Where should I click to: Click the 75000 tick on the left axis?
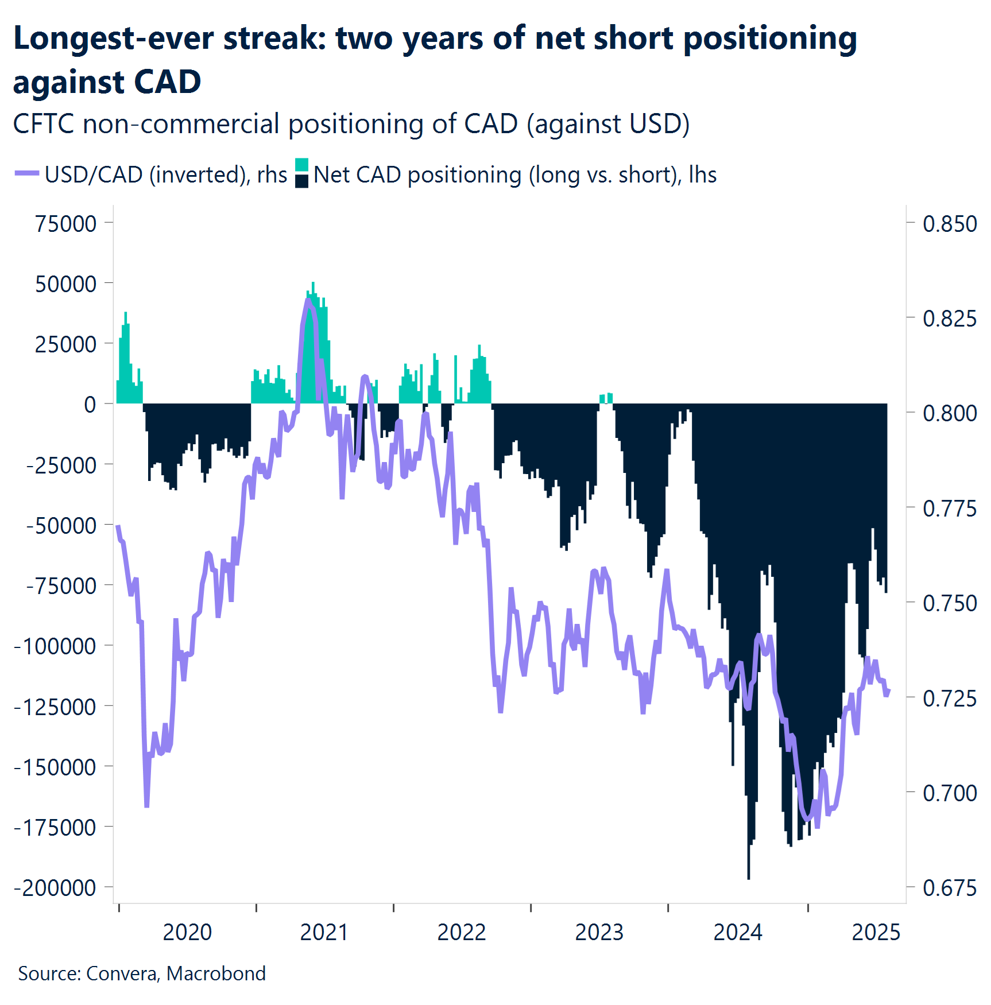click(65, 223)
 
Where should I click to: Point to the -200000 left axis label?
click(55, 887)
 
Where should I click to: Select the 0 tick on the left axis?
click(90, 404)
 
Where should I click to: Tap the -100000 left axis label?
click(55, 646)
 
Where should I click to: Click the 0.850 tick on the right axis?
click(949, 223)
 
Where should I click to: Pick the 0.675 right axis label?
click(949, 887)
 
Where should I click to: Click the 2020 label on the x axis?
click(187, 932)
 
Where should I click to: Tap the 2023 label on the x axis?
click(599, 932)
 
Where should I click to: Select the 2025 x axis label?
click(876, 932)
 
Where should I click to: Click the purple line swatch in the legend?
click(26, 173)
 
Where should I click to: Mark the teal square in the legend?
click(302, 165)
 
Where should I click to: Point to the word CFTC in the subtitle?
click(44, 124)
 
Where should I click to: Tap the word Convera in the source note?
click(122, 973)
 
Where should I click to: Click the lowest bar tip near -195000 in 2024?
click(749, 877)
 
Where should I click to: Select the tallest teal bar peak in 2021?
click(313, 284)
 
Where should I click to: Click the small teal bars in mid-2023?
click(606, 397)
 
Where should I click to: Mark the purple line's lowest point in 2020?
click(146, 805)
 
